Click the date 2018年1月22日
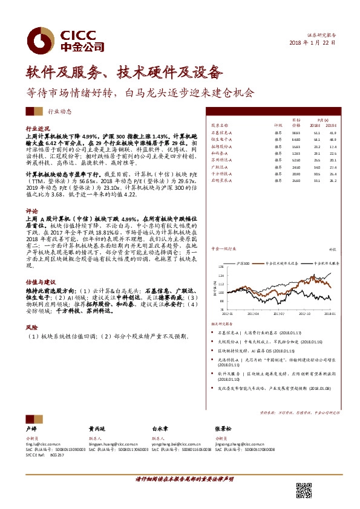[x=313, y=44]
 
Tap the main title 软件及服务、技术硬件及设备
[x=120, y=73]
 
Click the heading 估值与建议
[x=41, y=282]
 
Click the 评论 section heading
[x=31, y=212]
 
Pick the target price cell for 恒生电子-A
[x=296, y=139]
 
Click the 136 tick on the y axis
[x=221, y=267]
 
